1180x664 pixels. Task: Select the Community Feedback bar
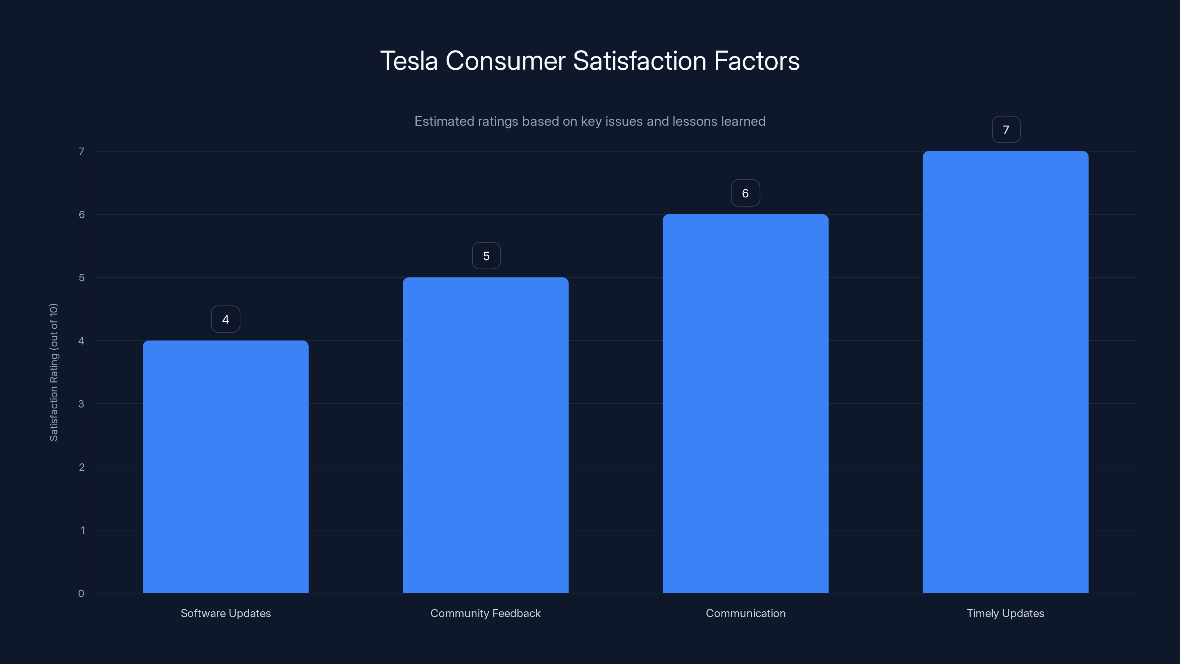click(486, 435)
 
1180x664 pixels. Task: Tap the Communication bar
click(745, 403)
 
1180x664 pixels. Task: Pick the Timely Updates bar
click(1006, 371)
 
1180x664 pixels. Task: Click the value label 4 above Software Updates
click(225, 319)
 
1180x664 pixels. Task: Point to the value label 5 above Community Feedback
click(486, 256)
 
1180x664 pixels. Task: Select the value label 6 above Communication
click(745, 193)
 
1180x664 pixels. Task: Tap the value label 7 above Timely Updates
click(1006, 130)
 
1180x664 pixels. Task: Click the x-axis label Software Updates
click(225, 613)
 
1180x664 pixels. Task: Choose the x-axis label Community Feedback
click(486, 613)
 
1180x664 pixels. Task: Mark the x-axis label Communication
click(745, 613)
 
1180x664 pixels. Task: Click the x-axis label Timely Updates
click(1006, 613)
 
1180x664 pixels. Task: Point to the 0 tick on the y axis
click(81, 594)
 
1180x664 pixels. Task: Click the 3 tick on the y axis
click(81, 404)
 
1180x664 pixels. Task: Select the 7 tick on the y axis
click(81, 151)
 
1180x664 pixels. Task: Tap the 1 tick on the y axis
click(83, 530)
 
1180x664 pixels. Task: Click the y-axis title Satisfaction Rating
click(53, 372)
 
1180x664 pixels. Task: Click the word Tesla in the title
click(409, 61)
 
